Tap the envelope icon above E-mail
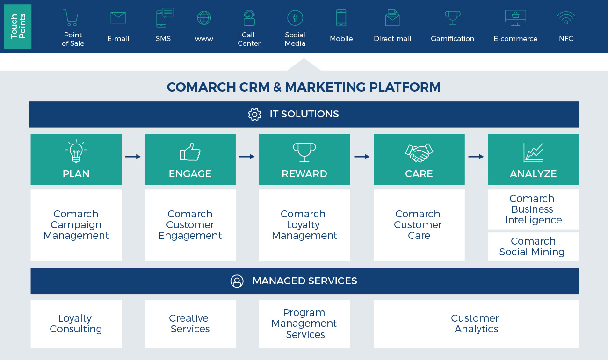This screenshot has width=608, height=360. coord(118,18)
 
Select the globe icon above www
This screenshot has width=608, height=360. coord(204,18)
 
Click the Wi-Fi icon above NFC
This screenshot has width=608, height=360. coord(566,18)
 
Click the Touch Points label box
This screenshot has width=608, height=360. coord(17,26)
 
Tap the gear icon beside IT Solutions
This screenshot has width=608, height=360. coord(254,114)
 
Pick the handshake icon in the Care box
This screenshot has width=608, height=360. coord(419,152)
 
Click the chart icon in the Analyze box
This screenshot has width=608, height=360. coord(533,152)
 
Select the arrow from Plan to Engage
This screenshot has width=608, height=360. coord(133,157)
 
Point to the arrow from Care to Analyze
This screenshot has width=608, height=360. coord(476,157)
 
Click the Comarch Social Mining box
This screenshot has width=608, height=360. coord(533,246)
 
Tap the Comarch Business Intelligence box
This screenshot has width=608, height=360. coord(533,209)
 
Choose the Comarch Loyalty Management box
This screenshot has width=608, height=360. coord(304,225)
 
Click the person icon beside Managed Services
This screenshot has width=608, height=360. coord(237,281)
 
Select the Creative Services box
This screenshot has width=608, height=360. coord(190,324)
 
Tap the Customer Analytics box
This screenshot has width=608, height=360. coord(476,324)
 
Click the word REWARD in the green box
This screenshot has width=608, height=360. coord(304,174)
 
